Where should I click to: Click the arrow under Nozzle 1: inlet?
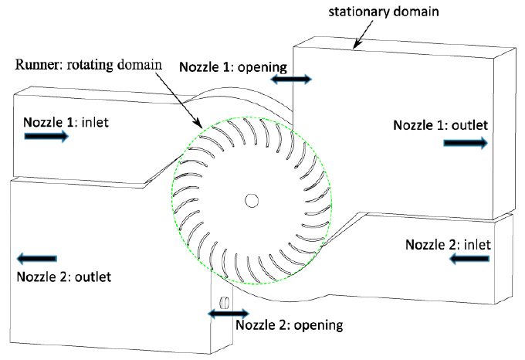[x=47, y=136]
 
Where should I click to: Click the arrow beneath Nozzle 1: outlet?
[x=465, y=143]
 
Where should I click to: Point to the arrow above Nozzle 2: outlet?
[x=36, y=258]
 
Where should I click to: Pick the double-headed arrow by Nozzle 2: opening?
[x=227, y=312]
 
